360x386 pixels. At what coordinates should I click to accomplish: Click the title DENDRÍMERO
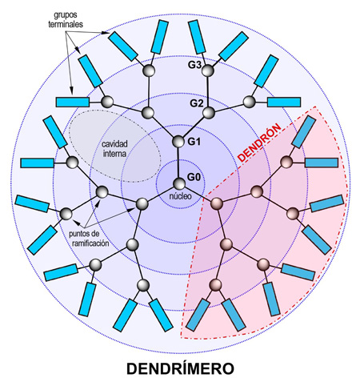click(x=180, y=368)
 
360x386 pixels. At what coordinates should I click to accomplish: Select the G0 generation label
click(x=194, y=177)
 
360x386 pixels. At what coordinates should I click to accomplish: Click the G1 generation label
click(x=194, y=142)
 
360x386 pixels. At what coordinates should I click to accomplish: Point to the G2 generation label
click(x=197, y=103)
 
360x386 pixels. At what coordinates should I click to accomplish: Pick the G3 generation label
click(x=194, y=65)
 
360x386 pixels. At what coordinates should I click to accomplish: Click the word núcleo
click(x=181, y=196)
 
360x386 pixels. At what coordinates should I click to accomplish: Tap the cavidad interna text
click(x=114, y=149)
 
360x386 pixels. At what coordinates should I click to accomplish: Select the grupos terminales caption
click(x=66, y=19)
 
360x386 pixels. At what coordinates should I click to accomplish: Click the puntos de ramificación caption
click(x=89, y=239)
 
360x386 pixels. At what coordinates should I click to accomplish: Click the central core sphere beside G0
click(x=179, y=183)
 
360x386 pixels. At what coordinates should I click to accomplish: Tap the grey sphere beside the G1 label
click(x=178, y=142)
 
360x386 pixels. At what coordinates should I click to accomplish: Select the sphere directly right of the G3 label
click(x=208, y=70)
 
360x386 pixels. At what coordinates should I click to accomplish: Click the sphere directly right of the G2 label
click(x=209, y=113)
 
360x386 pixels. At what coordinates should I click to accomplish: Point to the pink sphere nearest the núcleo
click(x=217, y=203)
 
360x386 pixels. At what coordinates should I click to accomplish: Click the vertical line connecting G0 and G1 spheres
click(x=178, y=163)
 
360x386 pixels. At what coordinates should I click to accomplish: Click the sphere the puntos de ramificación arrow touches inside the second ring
click(x=142, y=204)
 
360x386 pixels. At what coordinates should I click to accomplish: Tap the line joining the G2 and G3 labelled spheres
click(x=208, y=92)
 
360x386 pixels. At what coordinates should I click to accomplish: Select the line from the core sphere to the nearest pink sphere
click(x=198, y=194)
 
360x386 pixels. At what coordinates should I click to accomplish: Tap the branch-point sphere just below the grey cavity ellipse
click(x=102, y=192)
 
